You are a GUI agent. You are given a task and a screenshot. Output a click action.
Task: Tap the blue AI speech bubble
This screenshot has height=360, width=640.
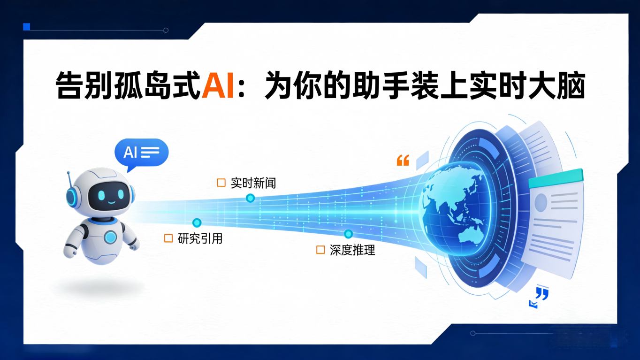click(141, 153)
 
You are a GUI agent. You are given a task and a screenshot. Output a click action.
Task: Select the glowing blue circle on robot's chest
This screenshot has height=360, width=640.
click(111, 237)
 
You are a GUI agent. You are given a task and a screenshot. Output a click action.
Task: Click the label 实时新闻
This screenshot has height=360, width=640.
click(253, 183)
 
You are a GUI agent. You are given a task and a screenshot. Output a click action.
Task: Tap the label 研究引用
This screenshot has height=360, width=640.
click(200, 238)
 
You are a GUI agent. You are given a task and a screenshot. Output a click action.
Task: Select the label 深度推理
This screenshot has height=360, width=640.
click(352, 250)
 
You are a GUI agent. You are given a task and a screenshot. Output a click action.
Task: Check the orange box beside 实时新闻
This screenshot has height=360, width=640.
click(221, 183)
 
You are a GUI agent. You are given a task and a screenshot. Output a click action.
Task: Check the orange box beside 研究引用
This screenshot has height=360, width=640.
click(168, 238)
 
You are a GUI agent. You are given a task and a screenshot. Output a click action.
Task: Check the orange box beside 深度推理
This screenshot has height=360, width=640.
click(320, 250)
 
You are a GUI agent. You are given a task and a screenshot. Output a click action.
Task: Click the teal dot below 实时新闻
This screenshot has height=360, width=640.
click(250, 198)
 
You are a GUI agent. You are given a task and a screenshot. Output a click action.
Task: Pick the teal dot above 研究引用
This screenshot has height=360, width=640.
click(197, 222)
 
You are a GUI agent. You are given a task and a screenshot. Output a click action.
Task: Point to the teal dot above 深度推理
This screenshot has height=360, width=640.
click(348, 234)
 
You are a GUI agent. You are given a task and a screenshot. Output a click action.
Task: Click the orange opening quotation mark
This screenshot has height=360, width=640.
click(403, 161)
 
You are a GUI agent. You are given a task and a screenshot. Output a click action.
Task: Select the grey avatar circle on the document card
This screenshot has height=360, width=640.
click(541, 202)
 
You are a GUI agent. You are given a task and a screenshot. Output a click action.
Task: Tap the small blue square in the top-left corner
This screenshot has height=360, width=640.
click(27, 27)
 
